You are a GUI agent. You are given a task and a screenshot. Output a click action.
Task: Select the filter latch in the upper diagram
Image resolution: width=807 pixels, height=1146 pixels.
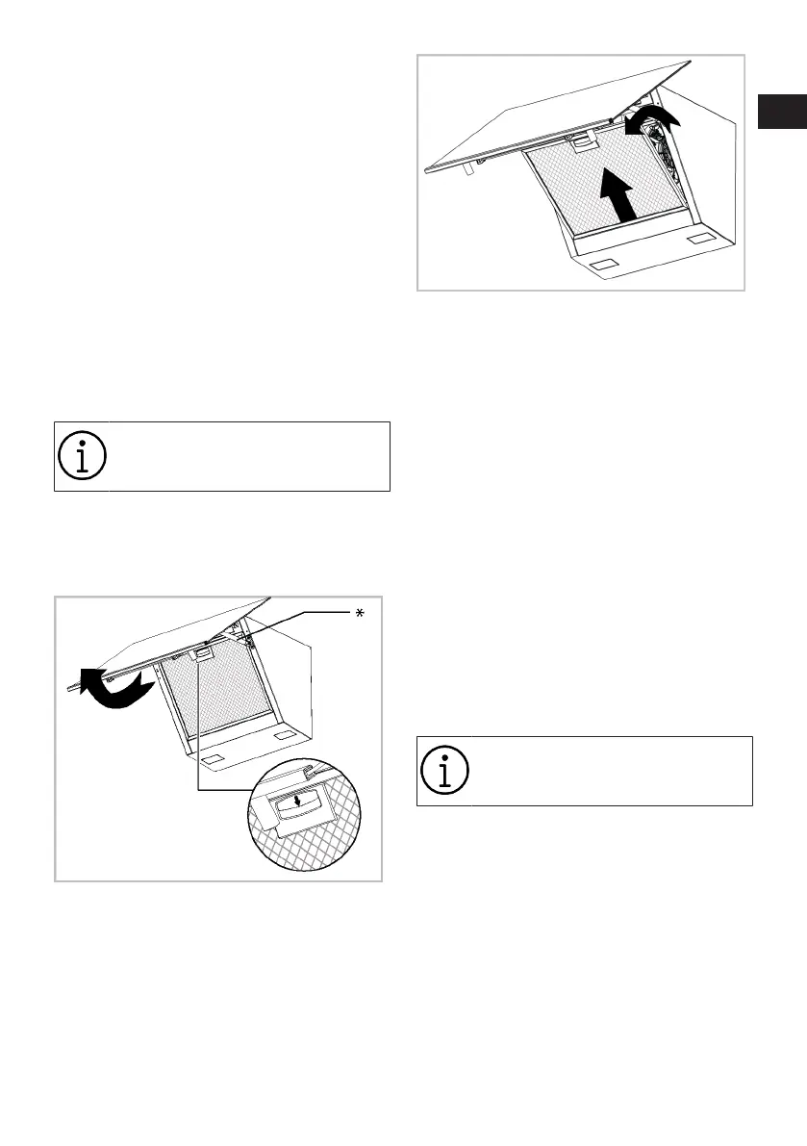click(x=582, y=143)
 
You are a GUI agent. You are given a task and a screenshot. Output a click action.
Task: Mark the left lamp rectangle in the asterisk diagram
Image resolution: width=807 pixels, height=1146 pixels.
click(x=219, y=757)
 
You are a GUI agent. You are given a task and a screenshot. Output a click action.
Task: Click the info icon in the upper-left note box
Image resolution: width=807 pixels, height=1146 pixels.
click(x=82, y=456)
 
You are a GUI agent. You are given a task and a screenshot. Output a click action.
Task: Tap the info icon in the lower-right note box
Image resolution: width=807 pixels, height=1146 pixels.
click(x=444, y=771)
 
